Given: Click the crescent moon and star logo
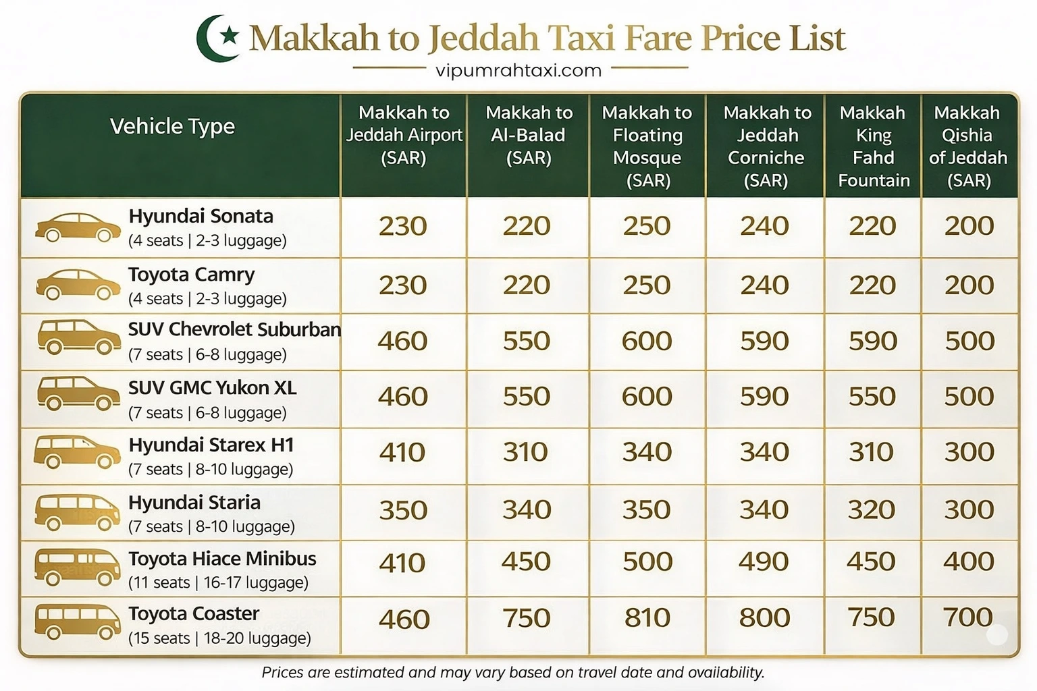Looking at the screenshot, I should click(x=219, y=38).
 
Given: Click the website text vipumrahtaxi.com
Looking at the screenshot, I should click(x=518, y=70).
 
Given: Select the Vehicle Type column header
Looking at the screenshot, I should click(x=172, y=126).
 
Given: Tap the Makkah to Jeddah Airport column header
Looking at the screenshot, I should click(x=404, y=135).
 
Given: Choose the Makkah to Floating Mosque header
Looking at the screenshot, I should click(x=647, y=146).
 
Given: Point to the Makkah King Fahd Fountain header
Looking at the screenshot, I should click(x=873, y=146).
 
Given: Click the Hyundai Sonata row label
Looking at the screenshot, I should click(x=201, y=217).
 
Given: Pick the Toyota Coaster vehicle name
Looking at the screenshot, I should click(x=194, y=613).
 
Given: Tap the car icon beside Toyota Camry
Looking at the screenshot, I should click(x=78, y=285).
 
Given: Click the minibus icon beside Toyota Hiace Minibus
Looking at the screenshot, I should click(x=78, y=568).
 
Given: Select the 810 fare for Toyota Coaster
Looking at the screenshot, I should click(x=647, y=617).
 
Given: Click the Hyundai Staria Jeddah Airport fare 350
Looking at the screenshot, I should click(x=403, y=510).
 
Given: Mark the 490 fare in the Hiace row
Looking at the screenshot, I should click(x=764, y=561).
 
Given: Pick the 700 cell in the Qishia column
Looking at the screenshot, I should click(x=968, y=617).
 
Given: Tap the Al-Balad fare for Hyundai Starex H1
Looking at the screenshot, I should click(x=527, y=452).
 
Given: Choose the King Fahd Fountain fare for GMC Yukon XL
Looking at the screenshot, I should click(x=872, y=396).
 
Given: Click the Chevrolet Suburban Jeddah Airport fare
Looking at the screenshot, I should click(x=402, y=341).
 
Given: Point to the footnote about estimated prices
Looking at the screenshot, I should click(x=513, y=672).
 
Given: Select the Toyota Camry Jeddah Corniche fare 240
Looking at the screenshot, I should click(x=764, y=285).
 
